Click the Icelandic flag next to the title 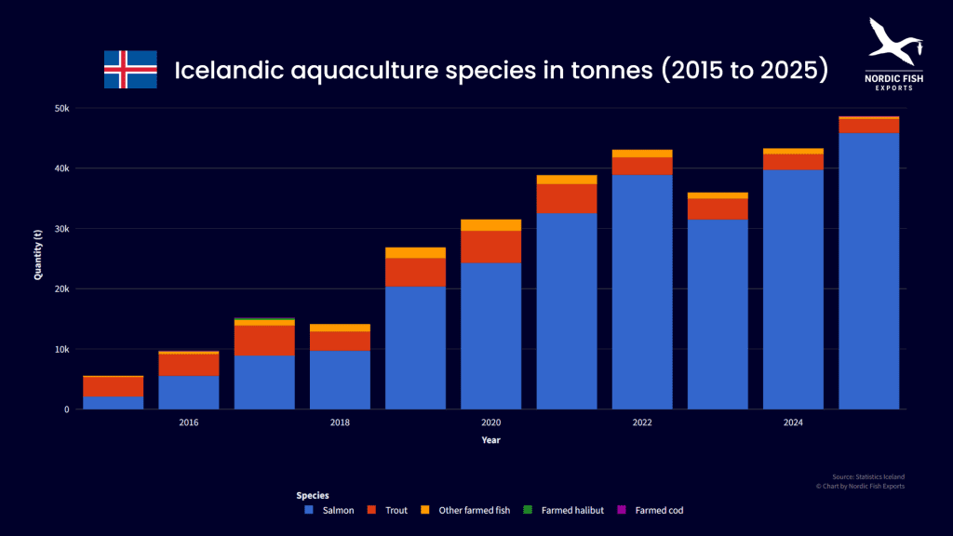click(x=130, y=70)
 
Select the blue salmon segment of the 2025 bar click(x=868, y=271)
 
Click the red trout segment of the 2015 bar click(x=114, y=386)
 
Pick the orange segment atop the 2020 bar click(x=491, y=225)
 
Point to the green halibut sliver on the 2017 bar click(x=264, y=320)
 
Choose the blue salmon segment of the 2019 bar click(x=415, y=347)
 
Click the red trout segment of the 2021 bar click(x=567, y=198)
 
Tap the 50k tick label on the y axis click(x=61, y=108)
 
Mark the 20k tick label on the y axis click(x=61, y=288)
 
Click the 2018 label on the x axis click(x=340, y=422)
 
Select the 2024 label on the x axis click(x=793, y=422)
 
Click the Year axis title click(x=491, y=439)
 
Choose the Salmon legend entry click(x=329, y=510)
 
